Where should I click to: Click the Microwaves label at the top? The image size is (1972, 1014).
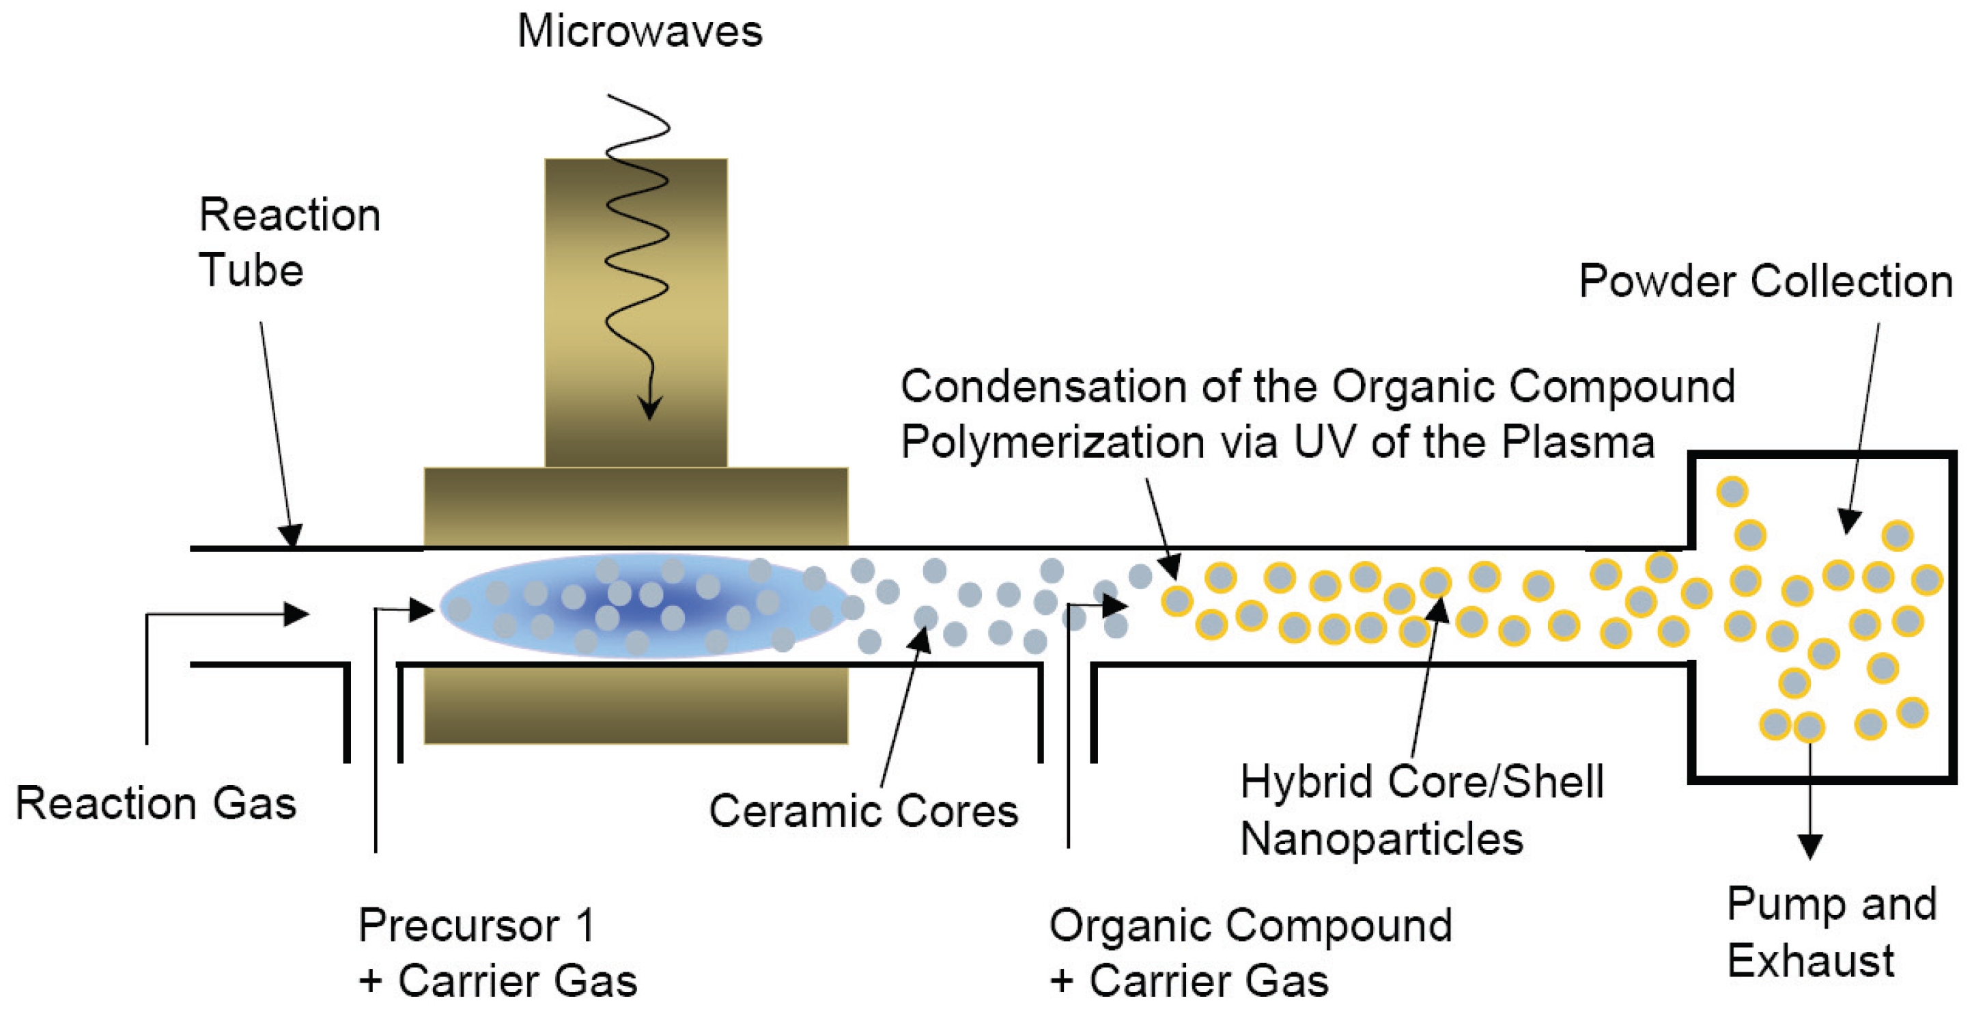[x=640, y=32]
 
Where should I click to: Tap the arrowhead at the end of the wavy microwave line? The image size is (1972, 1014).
[x=651, y=407]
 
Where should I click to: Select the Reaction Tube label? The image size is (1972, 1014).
[x=289, y=242]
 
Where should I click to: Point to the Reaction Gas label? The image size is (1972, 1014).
[x=156, y=804]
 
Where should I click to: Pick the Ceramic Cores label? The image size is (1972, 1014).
[x=864, y=811]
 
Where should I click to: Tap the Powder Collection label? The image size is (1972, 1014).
[x=1765, y=282]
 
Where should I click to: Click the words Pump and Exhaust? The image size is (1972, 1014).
[x=1831, y=932]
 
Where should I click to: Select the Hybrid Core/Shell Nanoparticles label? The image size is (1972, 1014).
[x=1421, y=810]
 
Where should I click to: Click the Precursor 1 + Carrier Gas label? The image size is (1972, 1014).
[x=498, y=953]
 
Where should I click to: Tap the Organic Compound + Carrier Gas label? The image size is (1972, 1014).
[x=1251, y=953]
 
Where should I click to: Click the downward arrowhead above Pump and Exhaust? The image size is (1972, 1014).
[x=1809, y=847]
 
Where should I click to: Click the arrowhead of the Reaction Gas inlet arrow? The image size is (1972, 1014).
[x=297, y=614]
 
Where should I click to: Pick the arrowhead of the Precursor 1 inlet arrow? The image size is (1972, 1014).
[x=423, y=609]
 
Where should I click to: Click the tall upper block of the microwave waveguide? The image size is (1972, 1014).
[x=636, y=312]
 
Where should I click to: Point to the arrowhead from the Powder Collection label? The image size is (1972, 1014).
[x=1849, y=521]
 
